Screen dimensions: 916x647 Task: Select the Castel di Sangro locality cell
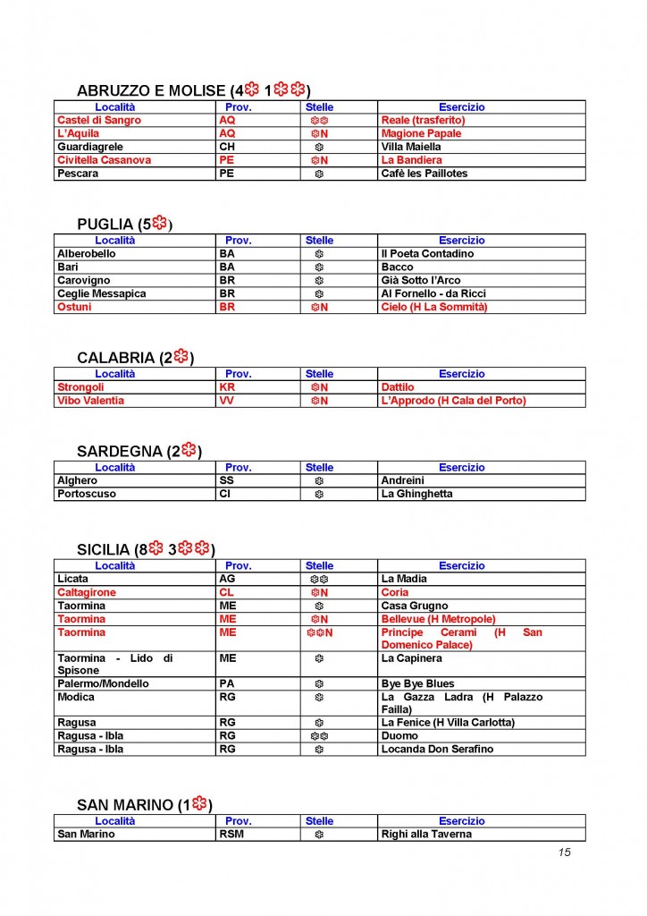(x=99, y=120)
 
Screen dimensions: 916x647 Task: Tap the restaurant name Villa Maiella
(x=411, y=147)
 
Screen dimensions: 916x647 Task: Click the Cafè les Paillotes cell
(x=424, y=174)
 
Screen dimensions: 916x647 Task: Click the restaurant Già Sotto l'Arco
(x=421, y=281)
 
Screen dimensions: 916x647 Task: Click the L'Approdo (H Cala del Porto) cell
(x=453, y=401)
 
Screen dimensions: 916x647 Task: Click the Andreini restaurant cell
(x=403, y=480)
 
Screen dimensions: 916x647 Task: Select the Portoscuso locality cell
(x=86, y=494)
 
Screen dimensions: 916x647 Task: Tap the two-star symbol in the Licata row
(x=319, y=580)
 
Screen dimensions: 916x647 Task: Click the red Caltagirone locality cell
(x=86, y=592)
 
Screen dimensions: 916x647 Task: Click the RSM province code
(x=231, y=835)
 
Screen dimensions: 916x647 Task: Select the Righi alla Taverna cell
(x=426, y=835)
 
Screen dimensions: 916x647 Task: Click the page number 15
(x=564, y=852)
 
